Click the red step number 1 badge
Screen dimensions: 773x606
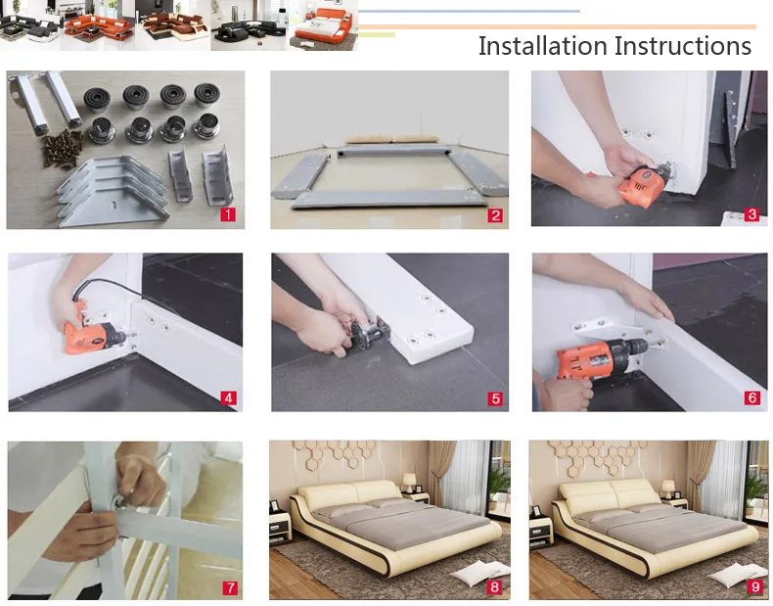[228, 214]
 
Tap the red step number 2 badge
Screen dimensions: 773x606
[495, 215]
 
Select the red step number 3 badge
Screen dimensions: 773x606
[751, 214]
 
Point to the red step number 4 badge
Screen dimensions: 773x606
[228, 397]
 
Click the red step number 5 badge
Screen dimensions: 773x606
[495, 398]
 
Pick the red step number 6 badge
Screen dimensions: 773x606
[751, 397]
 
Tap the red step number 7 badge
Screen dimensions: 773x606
[230, 587]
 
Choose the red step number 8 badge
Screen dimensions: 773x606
[494, 586]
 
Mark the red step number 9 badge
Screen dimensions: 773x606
[754, 586]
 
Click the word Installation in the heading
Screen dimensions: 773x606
[543, 46]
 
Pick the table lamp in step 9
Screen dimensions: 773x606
[667, 489]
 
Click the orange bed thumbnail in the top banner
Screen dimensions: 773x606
[324, 25]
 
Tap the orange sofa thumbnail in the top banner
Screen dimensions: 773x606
[100, 25]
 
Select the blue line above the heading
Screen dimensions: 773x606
[469, 11]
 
